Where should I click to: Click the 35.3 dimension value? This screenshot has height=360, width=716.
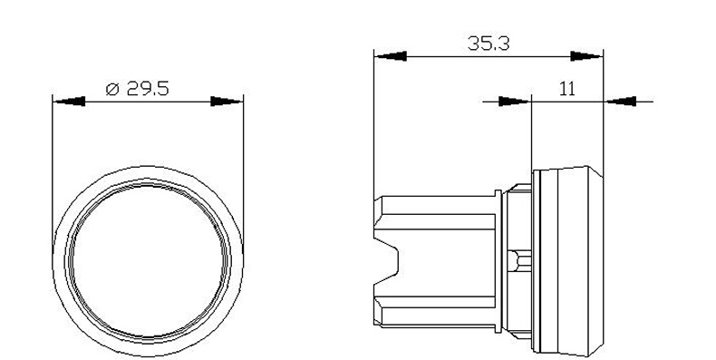click(x=489, y=44)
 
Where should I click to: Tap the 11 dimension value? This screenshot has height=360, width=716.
click(x=567, y=89)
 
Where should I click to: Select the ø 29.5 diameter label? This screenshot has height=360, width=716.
click(x=137, y=89)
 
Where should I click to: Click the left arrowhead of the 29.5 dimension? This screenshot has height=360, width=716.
click(x=69, y=101)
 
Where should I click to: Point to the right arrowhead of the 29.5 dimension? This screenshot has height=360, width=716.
click(x=227, y=101)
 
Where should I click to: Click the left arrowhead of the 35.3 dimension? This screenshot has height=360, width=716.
click(x=391, y=56)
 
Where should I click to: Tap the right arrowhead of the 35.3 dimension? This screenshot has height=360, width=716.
click(x=587, y=56)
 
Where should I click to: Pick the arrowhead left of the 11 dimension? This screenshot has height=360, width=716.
click(x=515, y=101)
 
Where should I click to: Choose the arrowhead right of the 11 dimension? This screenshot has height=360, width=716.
click(x=620, y=101)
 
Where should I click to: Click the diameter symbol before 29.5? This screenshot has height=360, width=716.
click(x=112, y=89)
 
